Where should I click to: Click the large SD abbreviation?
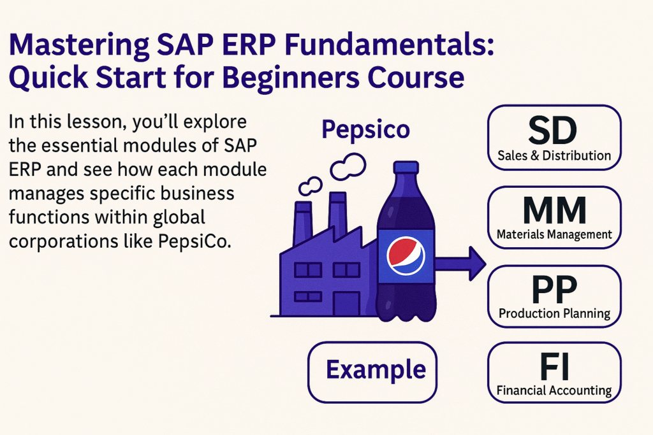[553, 130]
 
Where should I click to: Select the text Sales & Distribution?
[554, 155]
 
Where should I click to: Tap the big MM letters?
[554, 209]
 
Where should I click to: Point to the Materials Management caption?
[554, 234]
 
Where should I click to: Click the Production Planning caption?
[554, 313]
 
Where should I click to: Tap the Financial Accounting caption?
[554, 390]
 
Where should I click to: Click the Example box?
[372, 370]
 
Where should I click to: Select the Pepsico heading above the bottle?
[365, 129]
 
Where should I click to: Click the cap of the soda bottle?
[406, 169]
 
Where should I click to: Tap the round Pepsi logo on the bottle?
[406, 255]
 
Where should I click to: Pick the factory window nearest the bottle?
[346, 270]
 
